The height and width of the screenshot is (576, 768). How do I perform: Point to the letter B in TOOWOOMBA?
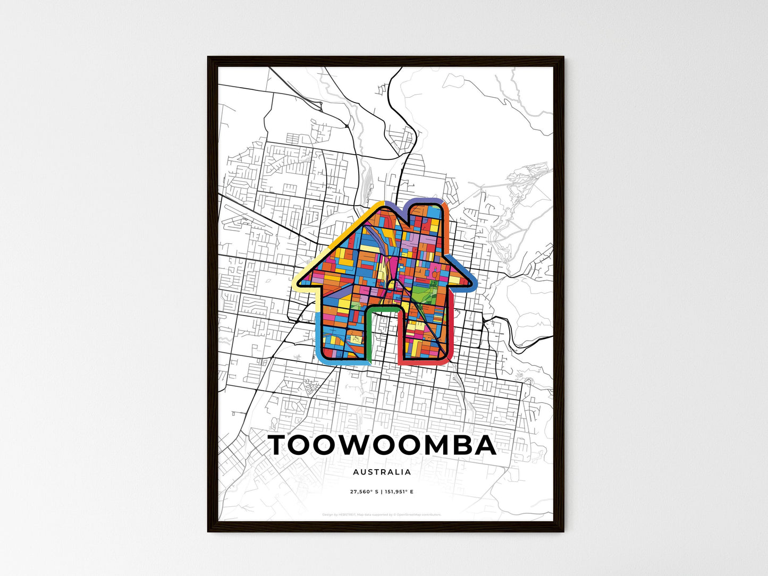coord(459,445)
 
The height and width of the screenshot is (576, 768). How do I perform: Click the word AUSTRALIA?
coord(382,472)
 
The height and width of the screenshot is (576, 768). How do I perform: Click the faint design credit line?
coord(382,514)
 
